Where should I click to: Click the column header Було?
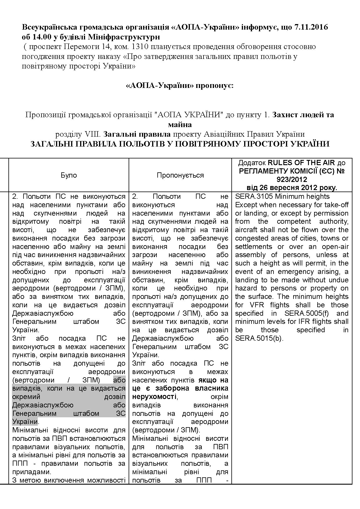pos(69,175)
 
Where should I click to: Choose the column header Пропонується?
pos(180,175)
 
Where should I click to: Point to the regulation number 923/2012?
pos(292,179)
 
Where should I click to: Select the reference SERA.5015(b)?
pos(259,338)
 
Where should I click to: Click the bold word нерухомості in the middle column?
pos(154,397)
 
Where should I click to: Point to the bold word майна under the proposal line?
pos(180,124)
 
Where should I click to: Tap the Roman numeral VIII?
pos(92,134)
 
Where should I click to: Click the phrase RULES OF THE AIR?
pos(301,163)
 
